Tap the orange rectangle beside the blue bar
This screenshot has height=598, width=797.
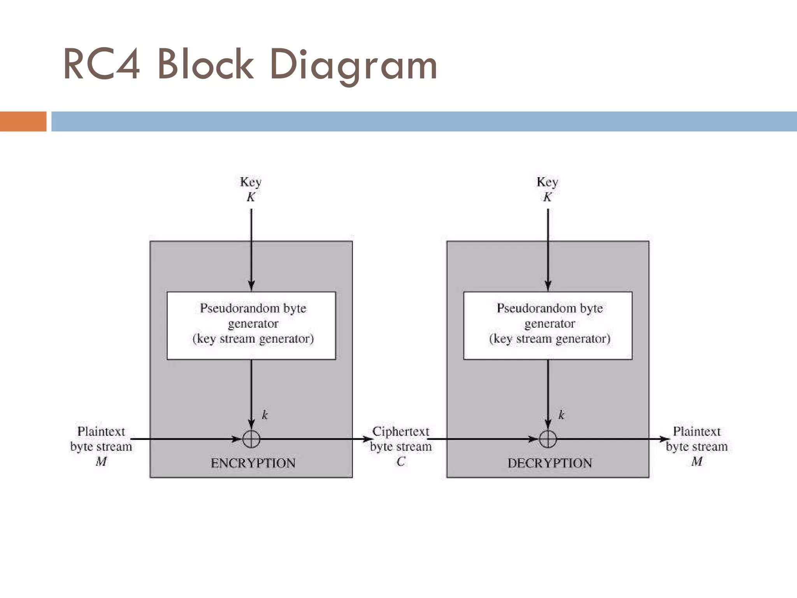coord(23,121)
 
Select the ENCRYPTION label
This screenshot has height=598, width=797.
coord(253,463)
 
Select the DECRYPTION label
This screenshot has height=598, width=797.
coord(549,463)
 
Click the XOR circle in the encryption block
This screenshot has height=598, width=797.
coord(251,439)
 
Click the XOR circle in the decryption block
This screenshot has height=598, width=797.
coord(548,439)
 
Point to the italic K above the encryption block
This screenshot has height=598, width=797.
coord(251,197)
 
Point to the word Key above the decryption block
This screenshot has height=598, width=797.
coord(547,182)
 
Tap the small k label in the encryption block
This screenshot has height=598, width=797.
coord(265,415)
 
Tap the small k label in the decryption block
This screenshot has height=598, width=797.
coord(561,415)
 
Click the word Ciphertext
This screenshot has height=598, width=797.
coord(401,431)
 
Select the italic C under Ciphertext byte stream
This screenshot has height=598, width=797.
coord(401,462)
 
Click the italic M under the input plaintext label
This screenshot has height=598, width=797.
coord(101,462)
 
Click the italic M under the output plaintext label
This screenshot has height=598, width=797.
coord(697,462)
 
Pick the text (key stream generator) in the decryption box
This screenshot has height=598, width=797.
coord(549,339)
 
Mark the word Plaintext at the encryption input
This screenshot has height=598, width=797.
coord(101,431)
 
